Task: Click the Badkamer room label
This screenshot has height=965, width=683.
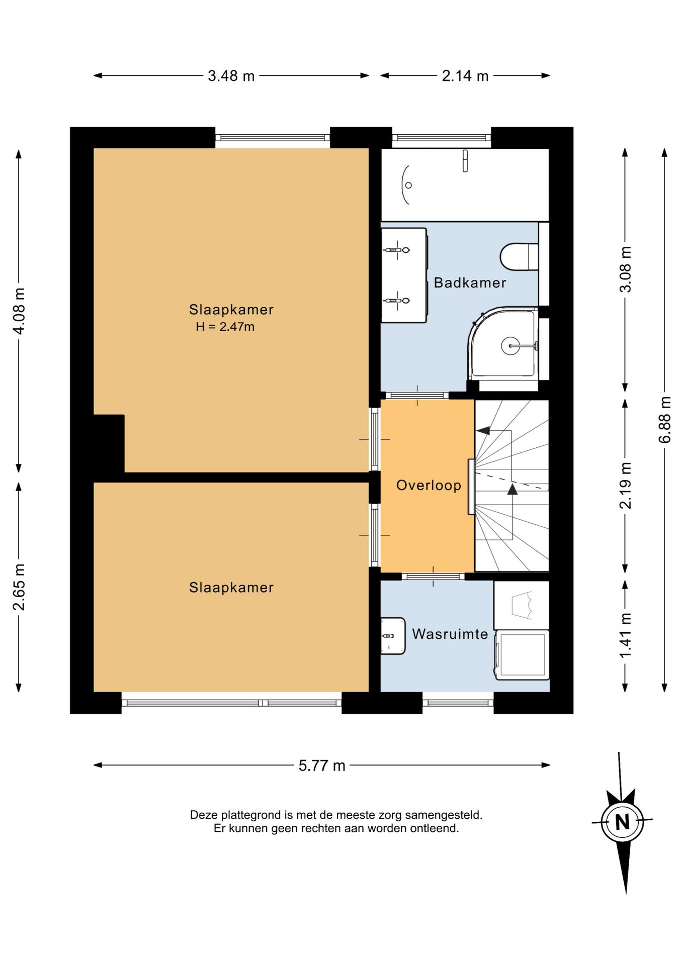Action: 470,282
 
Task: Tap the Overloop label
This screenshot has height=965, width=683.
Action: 429,485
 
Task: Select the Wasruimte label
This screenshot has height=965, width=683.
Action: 450,634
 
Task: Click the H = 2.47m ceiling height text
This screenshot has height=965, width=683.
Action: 225,327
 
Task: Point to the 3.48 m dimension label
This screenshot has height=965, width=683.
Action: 231,76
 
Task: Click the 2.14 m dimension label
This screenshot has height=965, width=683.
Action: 465,76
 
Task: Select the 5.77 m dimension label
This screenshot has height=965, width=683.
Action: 322,765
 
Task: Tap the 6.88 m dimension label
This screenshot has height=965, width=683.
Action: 665,420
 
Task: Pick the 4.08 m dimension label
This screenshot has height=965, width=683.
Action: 19,311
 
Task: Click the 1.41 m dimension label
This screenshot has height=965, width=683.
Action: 625,635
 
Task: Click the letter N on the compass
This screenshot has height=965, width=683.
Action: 623,822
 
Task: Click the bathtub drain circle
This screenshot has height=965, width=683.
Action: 408,185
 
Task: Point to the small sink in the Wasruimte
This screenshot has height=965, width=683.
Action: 392,636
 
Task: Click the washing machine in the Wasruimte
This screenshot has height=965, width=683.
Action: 522,655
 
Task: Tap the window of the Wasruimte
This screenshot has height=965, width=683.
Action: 458,703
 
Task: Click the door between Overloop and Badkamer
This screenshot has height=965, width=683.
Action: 417,395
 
